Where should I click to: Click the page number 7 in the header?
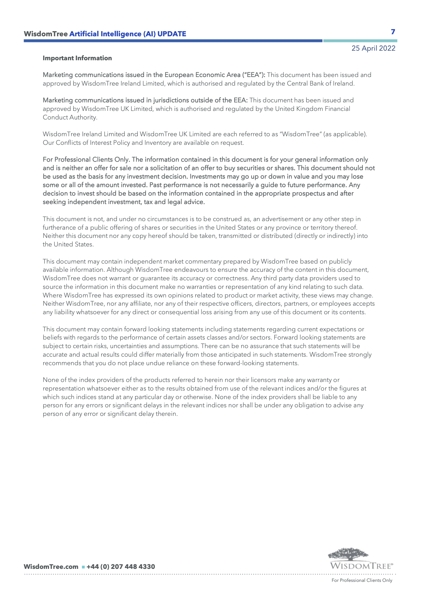pyautogui.click(x=393, y=32)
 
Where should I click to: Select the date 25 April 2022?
pyautogui.click(x=373, y=48)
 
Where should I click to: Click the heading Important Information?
pyautogui.click(x=77, y=58)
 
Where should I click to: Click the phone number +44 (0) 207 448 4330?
pyautogui.click(x=121, y=567)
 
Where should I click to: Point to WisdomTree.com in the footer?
pyautogui.click(x=51, y=567)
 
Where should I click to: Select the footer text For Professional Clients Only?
pyautogui.click(x=362, y=580)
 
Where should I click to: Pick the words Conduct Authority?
pyautogui.click(x=70, y=117)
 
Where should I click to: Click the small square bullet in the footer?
pyautogui.click(x=83, y=567)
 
